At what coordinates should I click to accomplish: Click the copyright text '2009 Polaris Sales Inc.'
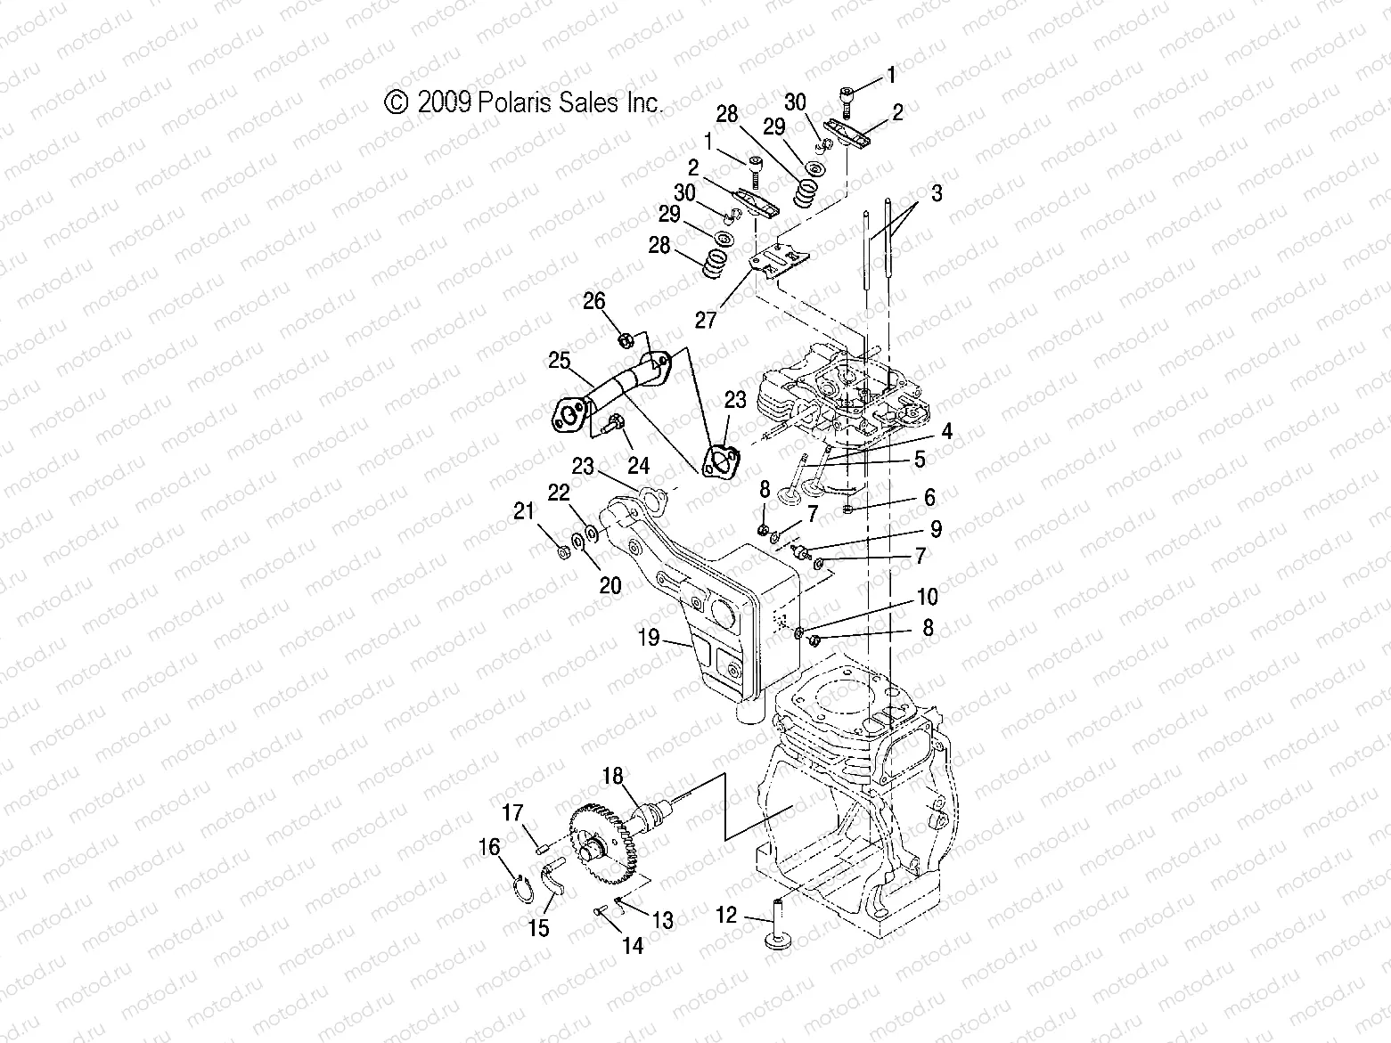524,102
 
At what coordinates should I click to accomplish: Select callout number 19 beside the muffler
649,637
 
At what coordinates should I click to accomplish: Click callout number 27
706,320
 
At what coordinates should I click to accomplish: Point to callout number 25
559,361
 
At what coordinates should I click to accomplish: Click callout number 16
490,847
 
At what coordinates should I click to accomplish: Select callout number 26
594,301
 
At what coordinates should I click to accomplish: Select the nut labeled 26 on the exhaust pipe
625,339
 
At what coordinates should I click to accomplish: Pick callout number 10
927,596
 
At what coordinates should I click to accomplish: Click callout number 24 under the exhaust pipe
638,465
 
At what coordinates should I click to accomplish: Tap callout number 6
929,497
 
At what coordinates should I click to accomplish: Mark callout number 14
632,946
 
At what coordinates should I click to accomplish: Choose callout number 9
936,529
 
